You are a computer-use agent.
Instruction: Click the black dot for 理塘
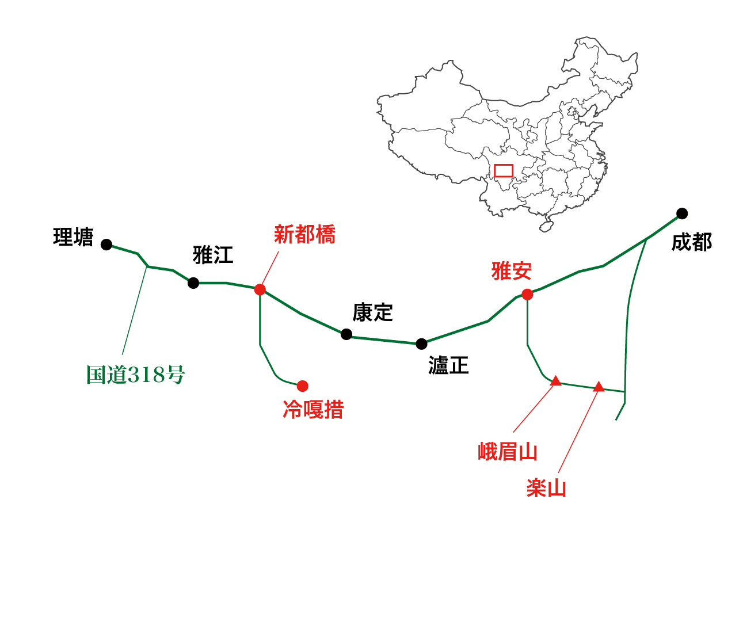tap(106, 245)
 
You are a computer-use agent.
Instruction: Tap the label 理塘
tap(73, 237)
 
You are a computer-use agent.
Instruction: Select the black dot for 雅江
tap(193, 283)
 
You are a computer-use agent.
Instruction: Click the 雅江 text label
tap(213, 255)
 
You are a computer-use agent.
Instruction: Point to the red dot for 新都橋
tap(260, 289)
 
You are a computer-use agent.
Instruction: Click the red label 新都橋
tap(304, 235)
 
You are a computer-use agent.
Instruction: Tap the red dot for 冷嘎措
tap(303, 386)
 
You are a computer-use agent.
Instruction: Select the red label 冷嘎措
tap(313, 410)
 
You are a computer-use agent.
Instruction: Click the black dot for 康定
tap(346, 334)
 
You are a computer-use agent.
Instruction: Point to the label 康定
tap(372, 313)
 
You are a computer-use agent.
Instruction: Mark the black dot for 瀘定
tap(422, 344)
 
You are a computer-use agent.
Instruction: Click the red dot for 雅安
tap(527, 295)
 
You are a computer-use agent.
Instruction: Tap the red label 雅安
tap(511, 270)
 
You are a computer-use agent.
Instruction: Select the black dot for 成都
tap(682, 213)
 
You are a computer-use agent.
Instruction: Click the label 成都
tap(691, 242)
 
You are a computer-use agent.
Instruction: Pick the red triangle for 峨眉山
tap(555, 381)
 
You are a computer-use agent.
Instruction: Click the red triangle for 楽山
tap(599, 387)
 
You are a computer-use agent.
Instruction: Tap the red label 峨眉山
tap(507, 452)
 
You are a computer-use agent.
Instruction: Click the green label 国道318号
tap(136, 375)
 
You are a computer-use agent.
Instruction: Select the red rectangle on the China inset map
tap(504, 171)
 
